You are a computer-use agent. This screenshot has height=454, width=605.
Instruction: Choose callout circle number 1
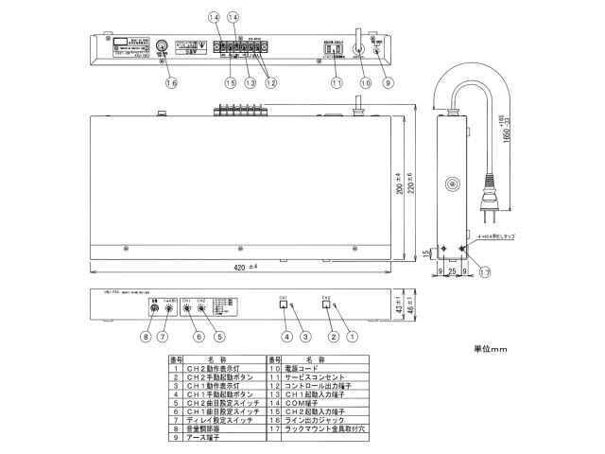pyautogui.click(x=354, y=335)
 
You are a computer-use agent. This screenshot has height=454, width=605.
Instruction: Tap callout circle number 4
pyautogui.click(x=287, y=335)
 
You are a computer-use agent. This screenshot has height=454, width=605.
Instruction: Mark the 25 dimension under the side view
pyautogui.click(x=453, y=271)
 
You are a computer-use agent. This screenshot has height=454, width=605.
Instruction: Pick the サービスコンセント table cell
pyautogui.click(x=322, y=377)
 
